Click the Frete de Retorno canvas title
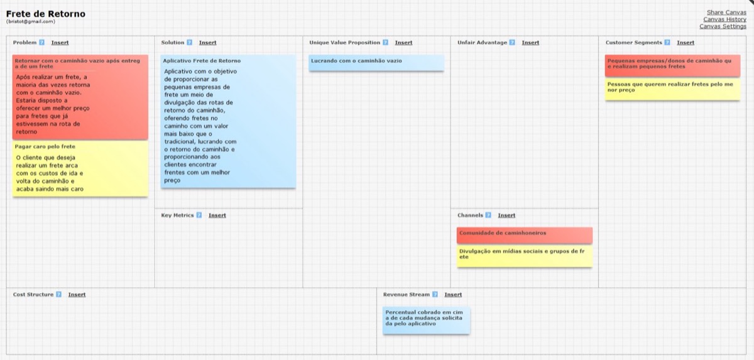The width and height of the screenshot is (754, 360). (x=46, y=14)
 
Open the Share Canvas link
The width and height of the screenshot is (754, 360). (x=726, y=12)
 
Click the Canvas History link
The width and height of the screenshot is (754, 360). (x=724, y=19)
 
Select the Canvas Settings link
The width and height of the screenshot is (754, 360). (x=723, y=26)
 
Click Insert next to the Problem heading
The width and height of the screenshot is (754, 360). (x=60, y=42)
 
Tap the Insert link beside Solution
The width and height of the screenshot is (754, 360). (x=208, y=42)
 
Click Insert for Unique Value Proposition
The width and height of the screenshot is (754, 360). (x=403, y=42)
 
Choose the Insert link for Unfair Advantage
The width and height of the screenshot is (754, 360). (x=530, y=42)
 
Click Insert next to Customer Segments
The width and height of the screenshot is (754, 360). (x=686, y=42)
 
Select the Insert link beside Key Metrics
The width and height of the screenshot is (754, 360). (x=217, y=215)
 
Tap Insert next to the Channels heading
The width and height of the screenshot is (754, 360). (x=506, y=215)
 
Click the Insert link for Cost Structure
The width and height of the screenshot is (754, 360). (x=77, y=295)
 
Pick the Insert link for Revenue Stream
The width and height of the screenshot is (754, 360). (x=453, y=295)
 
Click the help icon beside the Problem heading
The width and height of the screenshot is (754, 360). (x=41, y=42)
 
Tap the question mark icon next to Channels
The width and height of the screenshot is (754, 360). (x=488, y=215)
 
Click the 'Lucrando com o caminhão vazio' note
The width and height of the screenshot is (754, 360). (x=376, y=63)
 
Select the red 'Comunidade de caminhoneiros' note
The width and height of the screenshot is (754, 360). (x=525, y=235)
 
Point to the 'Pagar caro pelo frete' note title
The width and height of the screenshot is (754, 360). (x=45, y=146)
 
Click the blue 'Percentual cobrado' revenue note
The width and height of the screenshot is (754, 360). (x=426, y=320)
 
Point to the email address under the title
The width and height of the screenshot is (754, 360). (x=31, y=21)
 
